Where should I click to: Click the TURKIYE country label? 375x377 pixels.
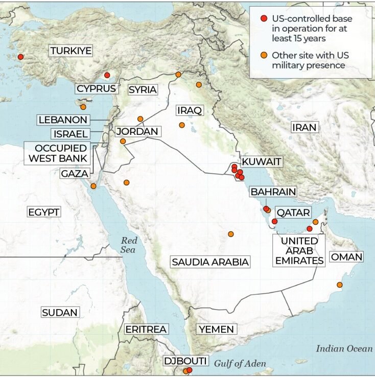click(70, 51)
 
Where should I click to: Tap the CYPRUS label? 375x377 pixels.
click(97, 88)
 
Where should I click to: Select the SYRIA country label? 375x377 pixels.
click(142, 89)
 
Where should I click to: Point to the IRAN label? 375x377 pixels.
click(304, 127)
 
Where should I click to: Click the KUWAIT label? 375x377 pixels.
click(262, 161)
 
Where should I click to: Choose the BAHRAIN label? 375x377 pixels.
click(273, 192)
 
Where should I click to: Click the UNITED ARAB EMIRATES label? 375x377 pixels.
click(299, 250)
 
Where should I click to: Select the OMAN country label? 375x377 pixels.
click(346, 256)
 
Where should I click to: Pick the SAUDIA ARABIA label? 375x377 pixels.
click(210, 262)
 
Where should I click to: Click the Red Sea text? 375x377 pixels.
click(128, 245)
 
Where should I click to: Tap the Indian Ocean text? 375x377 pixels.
click(344, 348)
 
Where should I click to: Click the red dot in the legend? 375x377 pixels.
click(264, 18)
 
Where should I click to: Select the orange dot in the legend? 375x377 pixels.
click(264, 55)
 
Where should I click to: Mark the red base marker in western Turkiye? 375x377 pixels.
click(20, 57)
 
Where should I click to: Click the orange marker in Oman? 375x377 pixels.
click(339, 285)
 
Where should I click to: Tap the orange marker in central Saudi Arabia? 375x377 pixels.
click(231, 234)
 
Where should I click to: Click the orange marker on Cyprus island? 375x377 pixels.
click(83, 107)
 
